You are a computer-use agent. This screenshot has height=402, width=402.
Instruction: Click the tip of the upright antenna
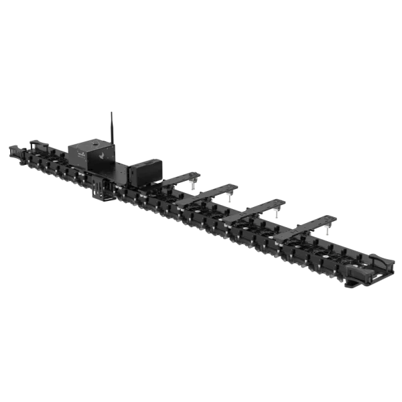109,109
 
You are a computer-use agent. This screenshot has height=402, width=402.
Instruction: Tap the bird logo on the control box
100,154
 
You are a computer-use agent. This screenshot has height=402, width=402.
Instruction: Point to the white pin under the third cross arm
277,213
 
